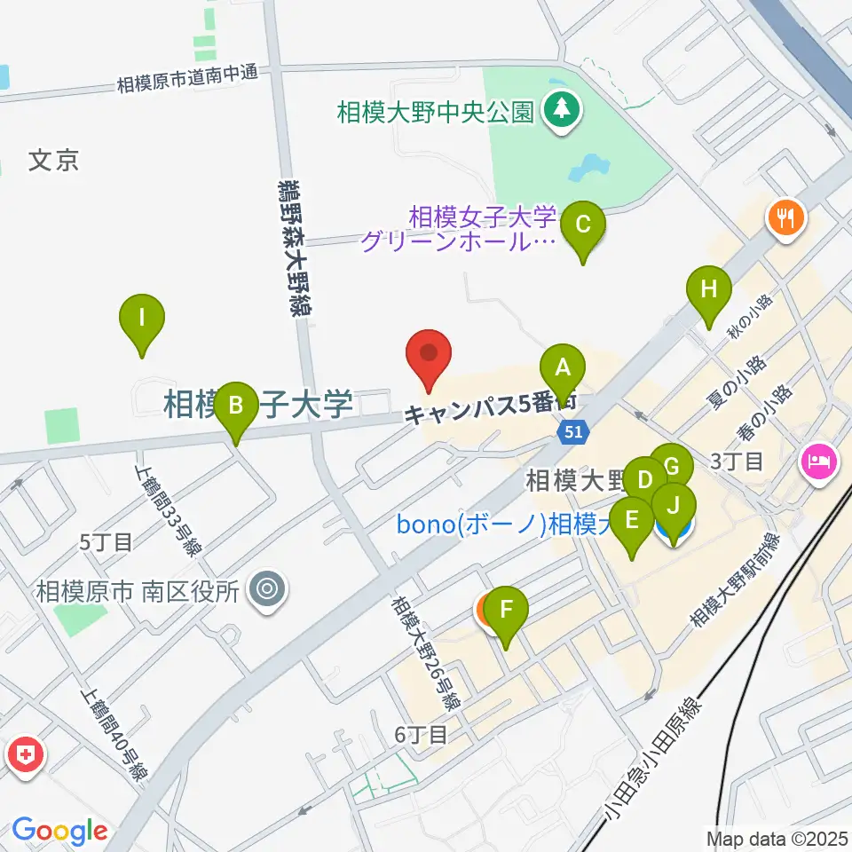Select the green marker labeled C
[x=583, y=224]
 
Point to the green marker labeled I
[x=142, y=316]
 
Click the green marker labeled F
[x=506, y=611]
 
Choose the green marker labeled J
[x=674, y=506]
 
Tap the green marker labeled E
[x=632, y=519]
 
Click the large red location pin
[x=430, y=354]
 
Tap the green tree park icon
[x=561, y=111]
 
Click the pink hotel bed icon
[x=817, y=461]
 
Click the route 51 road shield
[x=572, y=432]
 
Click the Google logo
[x=59, y=831]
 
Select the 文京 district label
[x=54, y=161]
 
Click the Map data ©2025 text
[x=777, y=837]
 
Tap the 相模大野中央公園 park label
[x=436, y=112]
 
